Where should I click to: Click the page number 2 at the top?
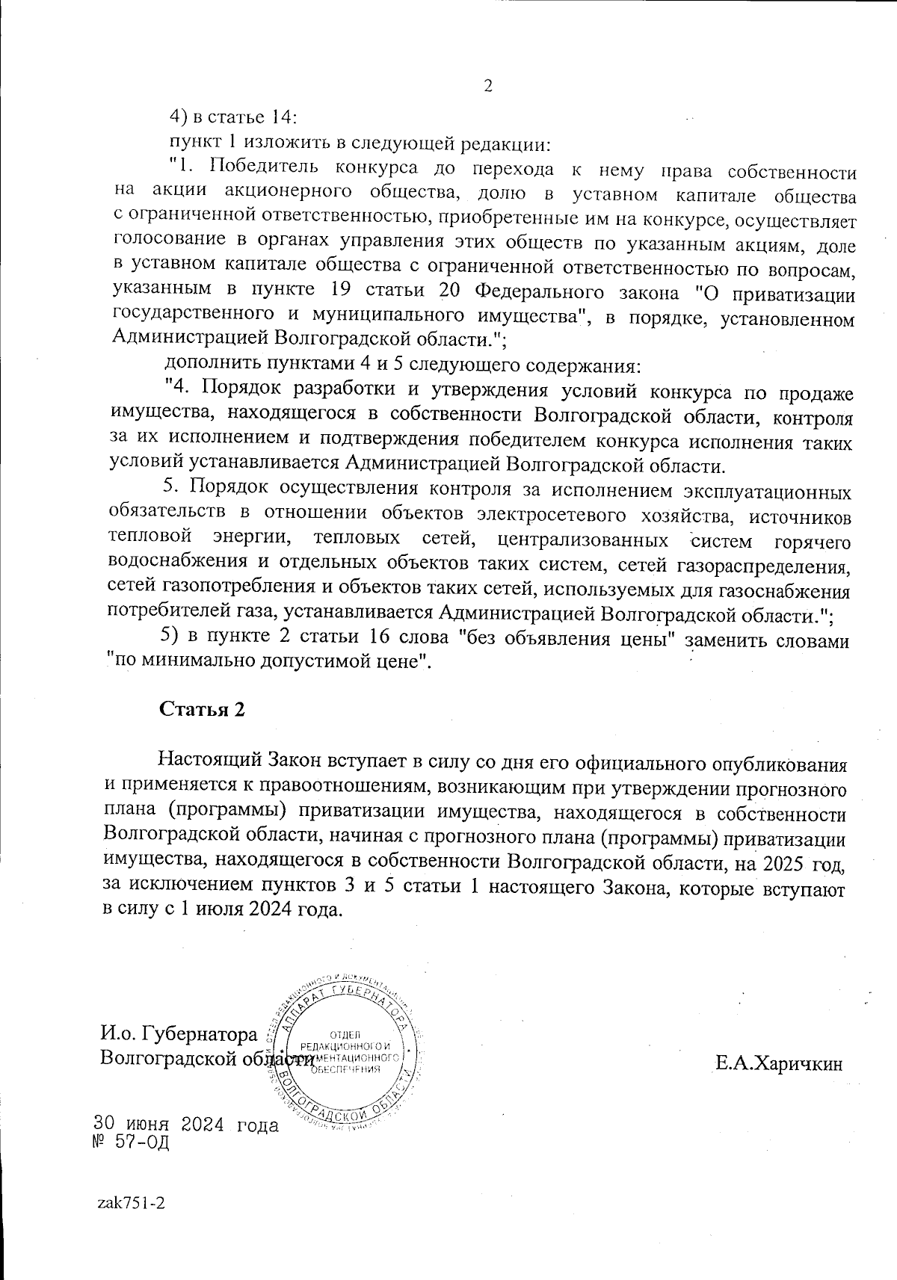[488, 86]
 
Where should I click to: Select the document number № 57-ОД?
[130, 1143]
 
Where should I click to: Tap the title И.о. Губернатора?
[179, 1035]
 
